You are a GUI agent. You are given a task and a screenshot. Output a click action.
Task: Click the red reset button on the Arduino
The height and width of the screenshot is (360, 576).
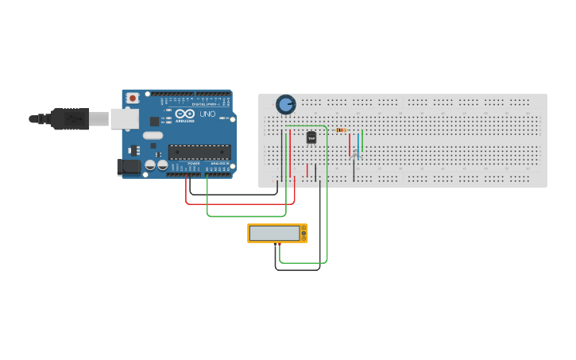click(133, 98)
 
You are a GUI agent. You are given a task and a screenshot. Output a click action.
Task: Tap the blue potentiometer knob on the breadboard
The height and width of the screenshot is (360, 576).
click(285, 104)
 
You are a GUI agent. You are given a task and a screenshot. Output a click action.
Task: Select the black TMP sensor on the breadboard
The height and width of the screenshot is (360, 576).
click(311, 137)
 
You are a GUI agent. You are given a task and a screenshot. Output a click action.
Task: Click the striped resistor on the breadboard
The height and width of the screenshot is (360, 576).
click(341, 130)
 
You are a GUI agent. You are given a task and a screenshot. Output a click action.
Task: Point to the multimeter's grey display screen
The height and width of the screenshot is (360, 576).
click(274, 234)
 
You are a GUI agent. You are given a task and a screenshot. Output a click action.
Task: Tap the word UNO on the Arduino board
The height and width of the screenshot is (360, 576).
click(207, 114)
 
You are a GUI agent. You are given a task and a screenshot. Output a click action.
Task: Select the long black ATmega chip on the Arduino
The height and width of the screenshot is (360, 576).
click(199, 152)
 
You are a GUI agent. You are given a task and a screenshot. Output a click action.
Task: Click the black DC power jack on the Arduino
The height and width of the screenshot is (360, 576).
click(127, 167)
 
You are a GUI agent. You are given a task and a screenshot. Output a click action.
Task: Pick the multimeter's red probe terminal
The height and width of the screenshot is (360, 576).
click(279, 242)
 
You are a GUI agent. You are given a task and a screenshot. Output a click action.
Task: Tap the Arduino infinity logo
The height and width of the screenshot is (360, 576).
click(185, 115)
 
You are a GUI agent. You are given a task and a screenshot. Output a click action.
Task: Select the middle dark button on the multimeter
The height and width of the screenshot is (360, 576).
click(303, 234)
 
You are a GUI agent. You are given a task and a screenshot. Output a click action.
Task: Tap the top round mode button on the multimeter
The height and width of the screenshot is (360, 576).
click(303, 228)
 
